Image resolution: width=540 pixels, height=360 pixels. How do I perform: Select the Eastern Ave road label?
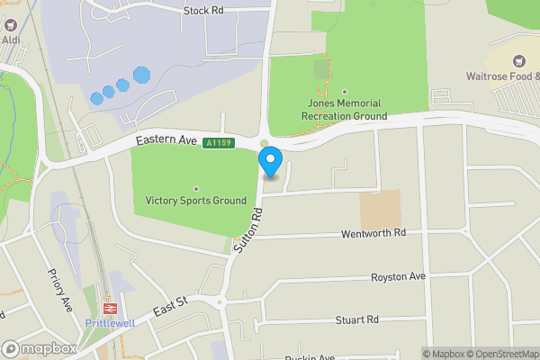pyautogui.click(x=166, y=141)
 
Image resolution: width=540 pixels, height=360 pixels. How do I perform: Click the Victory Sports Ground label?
pyautogui.click(x=196, y=200)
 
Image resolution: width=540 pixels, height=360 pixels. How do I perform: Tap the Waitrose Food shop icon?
pyautogui.click(x=518, y=60)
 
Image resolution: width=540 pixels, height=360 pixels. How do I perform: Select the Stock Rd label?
pyautogui.click(x=202, y=11)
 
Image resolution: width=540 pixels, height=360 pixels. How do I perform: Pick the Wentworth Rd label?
pyautogui.click(x=373, y=232)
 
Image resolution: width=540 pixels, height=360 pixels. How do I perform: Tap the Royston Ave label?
pyautogui.click(x=398, y=276)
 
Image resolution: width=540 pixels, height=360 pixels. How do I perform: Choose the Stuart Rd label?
pyautogui.click(x=356, y=319)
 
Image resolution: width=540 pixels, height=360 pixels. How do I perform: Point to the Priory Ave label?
pyautogui.click(x=59, y=289)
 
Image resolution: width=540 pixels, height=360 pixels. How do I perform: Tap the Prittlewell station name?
pyautogui.click(x=109, y=322)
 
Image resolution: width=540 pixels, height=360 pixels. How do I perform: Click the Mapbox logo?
pyautogui.click(x=39, y=349)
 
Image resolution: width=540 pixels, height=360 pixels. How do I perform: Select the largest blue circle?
pyautogui.click(x=141, y=76)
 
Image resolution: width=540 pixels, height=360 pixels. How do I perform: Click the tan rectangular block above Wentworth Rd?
pyautogui.click(x=380, y=209)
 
